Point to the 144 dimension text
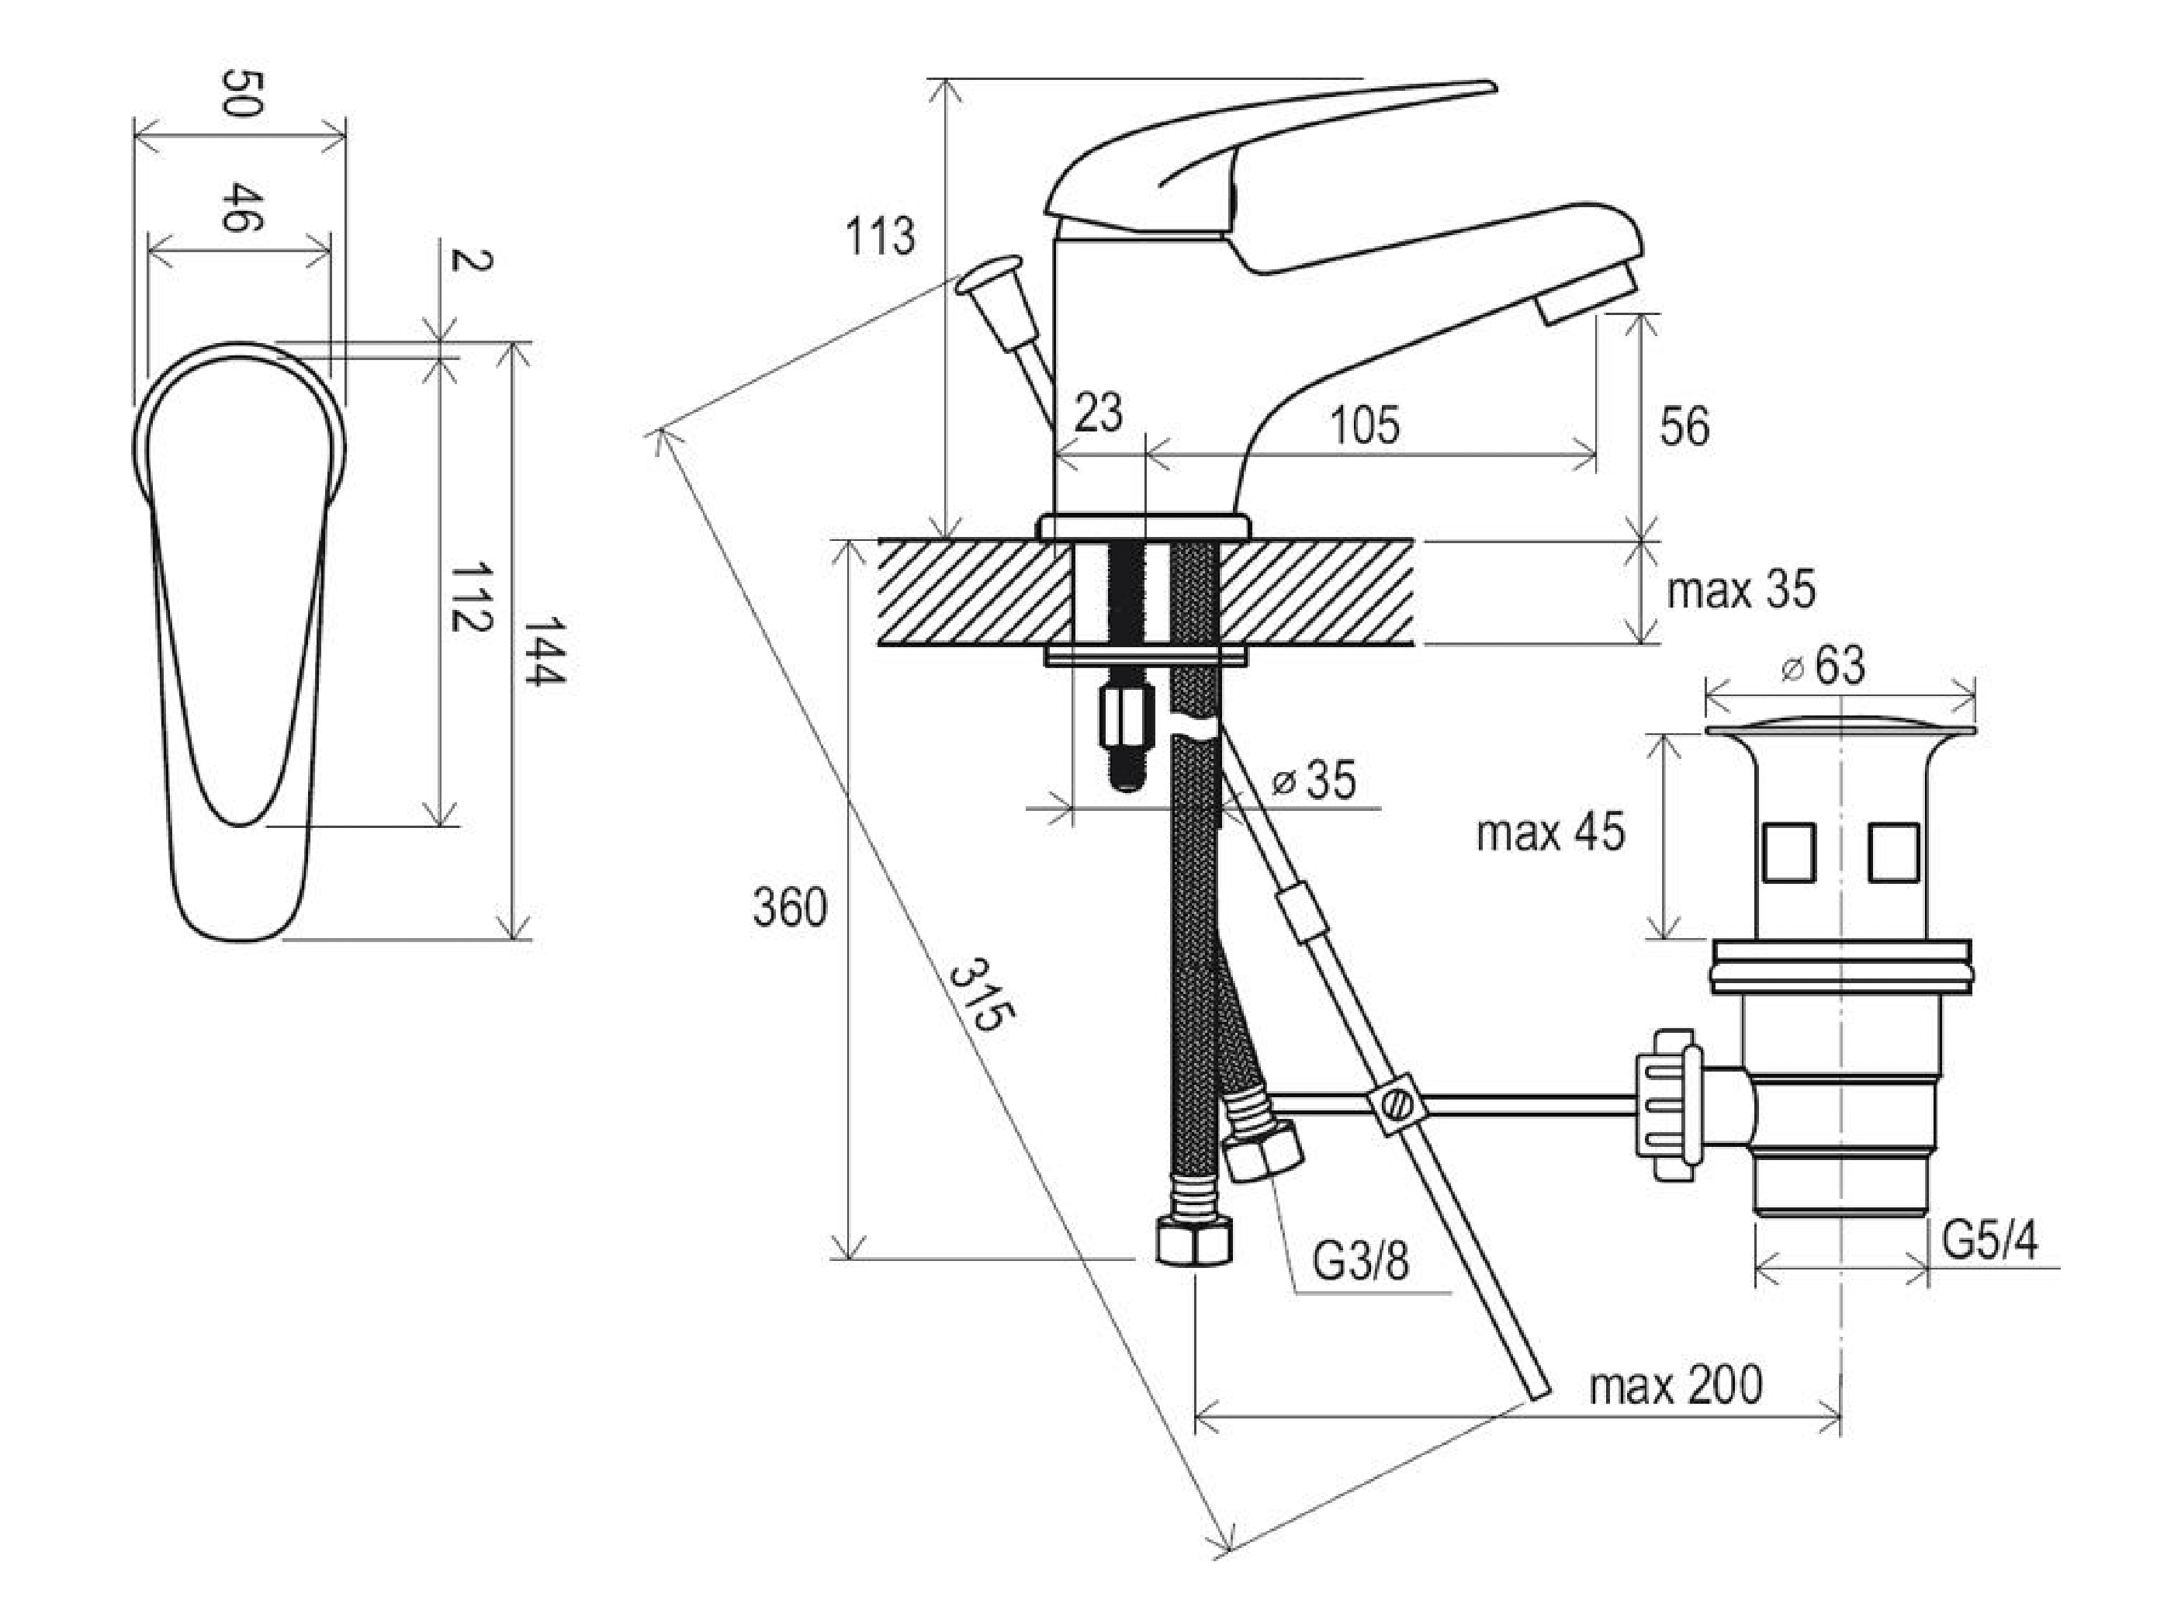pyautogui.click(x=544, y=652)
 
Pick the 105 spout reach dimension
pyautogui.click(x=1364, y=425)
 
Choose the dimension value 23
pyautogui.click(x=1098, y=413)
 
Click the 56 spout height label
pyautogui.click(x=1684, y=428)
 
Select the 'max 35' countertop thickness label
pyautogui.click(x=1740, y=590)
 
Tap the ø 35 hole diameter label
pyautogui.click(x=1314, y=780)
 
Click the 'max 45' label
pyautogui.click(x=1550, y=832)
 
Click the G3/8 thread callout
pyautogui.click(x=1360, y=1262)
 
